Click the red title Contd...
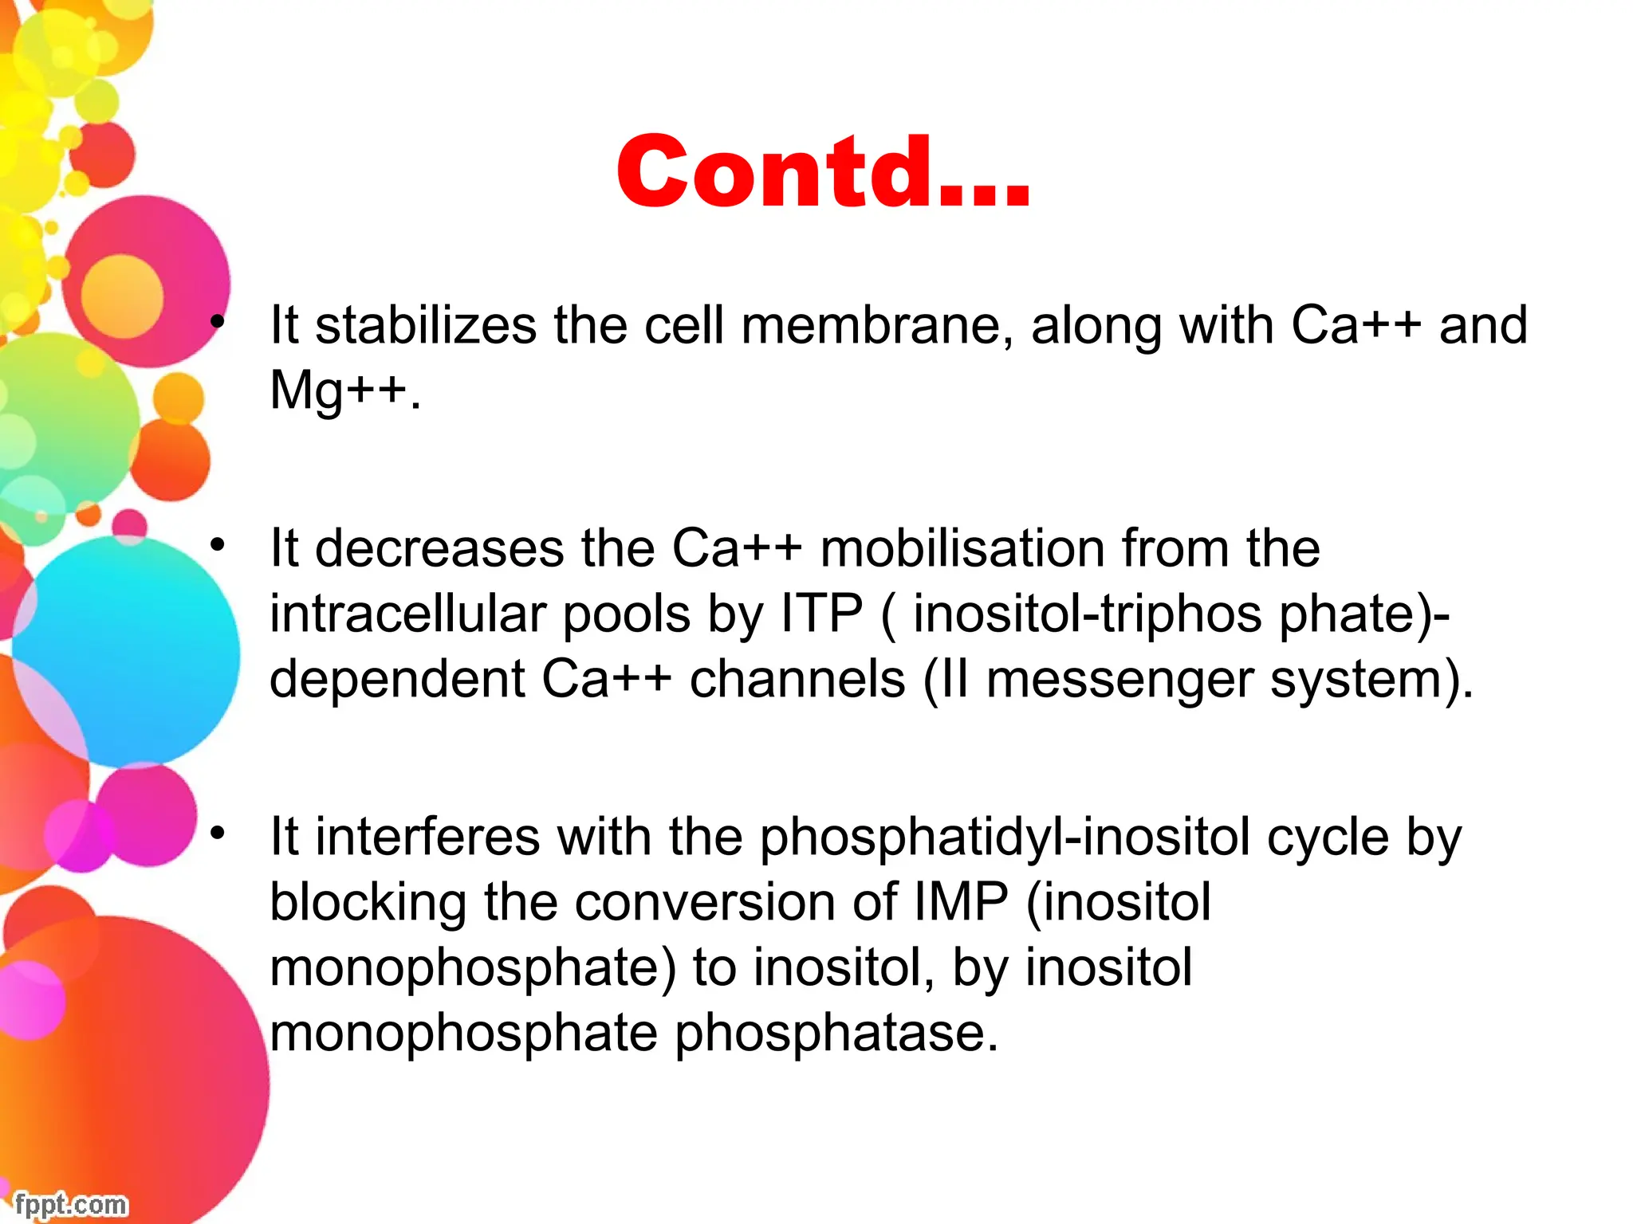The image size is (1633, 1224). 823,172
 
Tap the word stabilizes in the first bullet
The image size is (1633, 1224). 426,326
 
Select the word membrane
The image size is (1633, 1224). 876,326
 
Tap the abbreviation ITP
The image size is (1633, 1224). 822,614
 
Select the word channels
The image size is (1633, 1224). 797,680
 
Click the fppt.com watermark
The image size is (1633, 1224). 71,1204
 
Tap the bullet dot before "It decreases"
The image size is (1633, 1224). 217,546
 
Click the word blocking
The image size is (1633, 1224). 368,903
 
